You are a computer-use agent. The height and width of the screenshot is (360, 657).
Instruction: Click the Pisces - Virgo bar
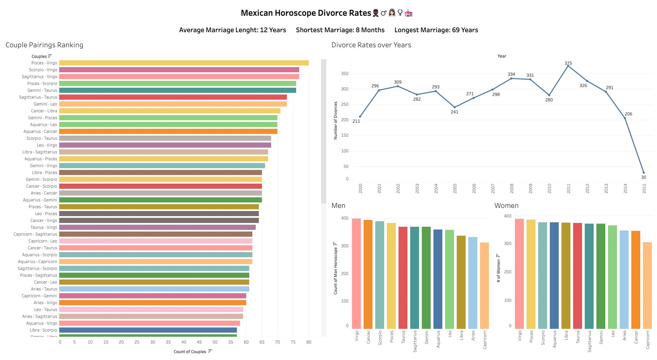coord(184,63)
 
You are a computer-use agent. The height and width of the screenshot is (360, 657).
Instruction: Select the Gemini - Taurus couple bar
coord(177,90)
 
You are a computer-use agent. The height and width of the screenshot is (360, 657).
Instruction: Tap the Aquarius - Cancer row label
coord(40,132)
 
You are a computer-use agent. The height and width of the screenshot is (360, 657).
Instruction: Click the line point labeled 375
coord(568,66)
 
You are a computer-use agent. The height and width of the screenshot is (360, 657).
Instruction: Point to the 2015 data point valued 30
coord(644,173)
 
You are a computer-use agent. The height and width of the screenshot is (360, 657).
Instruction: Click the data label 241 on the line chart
coord(454,112)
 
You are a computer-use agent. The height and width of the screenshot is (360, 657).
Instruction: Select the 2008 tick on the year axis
coord(511,188)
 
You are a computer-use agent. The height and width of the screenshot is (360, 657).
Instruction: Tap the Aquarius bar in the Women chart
coord(554,275)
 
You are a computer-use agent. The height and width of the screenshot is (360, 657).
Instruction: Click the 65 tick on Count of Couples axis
coord(262,342)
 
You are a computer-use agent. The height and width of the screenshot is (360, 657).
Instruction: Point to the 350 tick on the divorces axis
coord(345,74)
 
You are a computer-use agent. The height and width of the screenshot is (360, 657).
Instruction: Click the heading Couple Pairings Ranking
coord(45,45)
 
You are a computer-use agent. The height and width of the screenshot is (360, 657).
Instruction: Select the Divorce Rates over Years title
coord(371,45)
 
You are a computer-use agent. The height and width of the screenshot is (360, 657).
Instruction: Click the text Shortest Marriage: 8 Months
coord(340,30)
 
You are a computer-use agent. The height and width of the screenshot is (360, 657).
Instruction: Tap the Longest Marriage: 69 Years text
coord(436,30)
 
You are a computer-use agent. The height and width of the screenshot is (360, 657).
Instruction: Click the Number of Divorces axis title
coord(336,121)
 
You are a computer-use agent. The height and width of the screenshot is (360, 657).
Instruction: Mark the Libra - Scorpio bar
coord(148,330)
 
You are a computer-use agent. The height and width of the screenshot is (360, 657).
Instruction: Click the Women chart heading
coord(506,206)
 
